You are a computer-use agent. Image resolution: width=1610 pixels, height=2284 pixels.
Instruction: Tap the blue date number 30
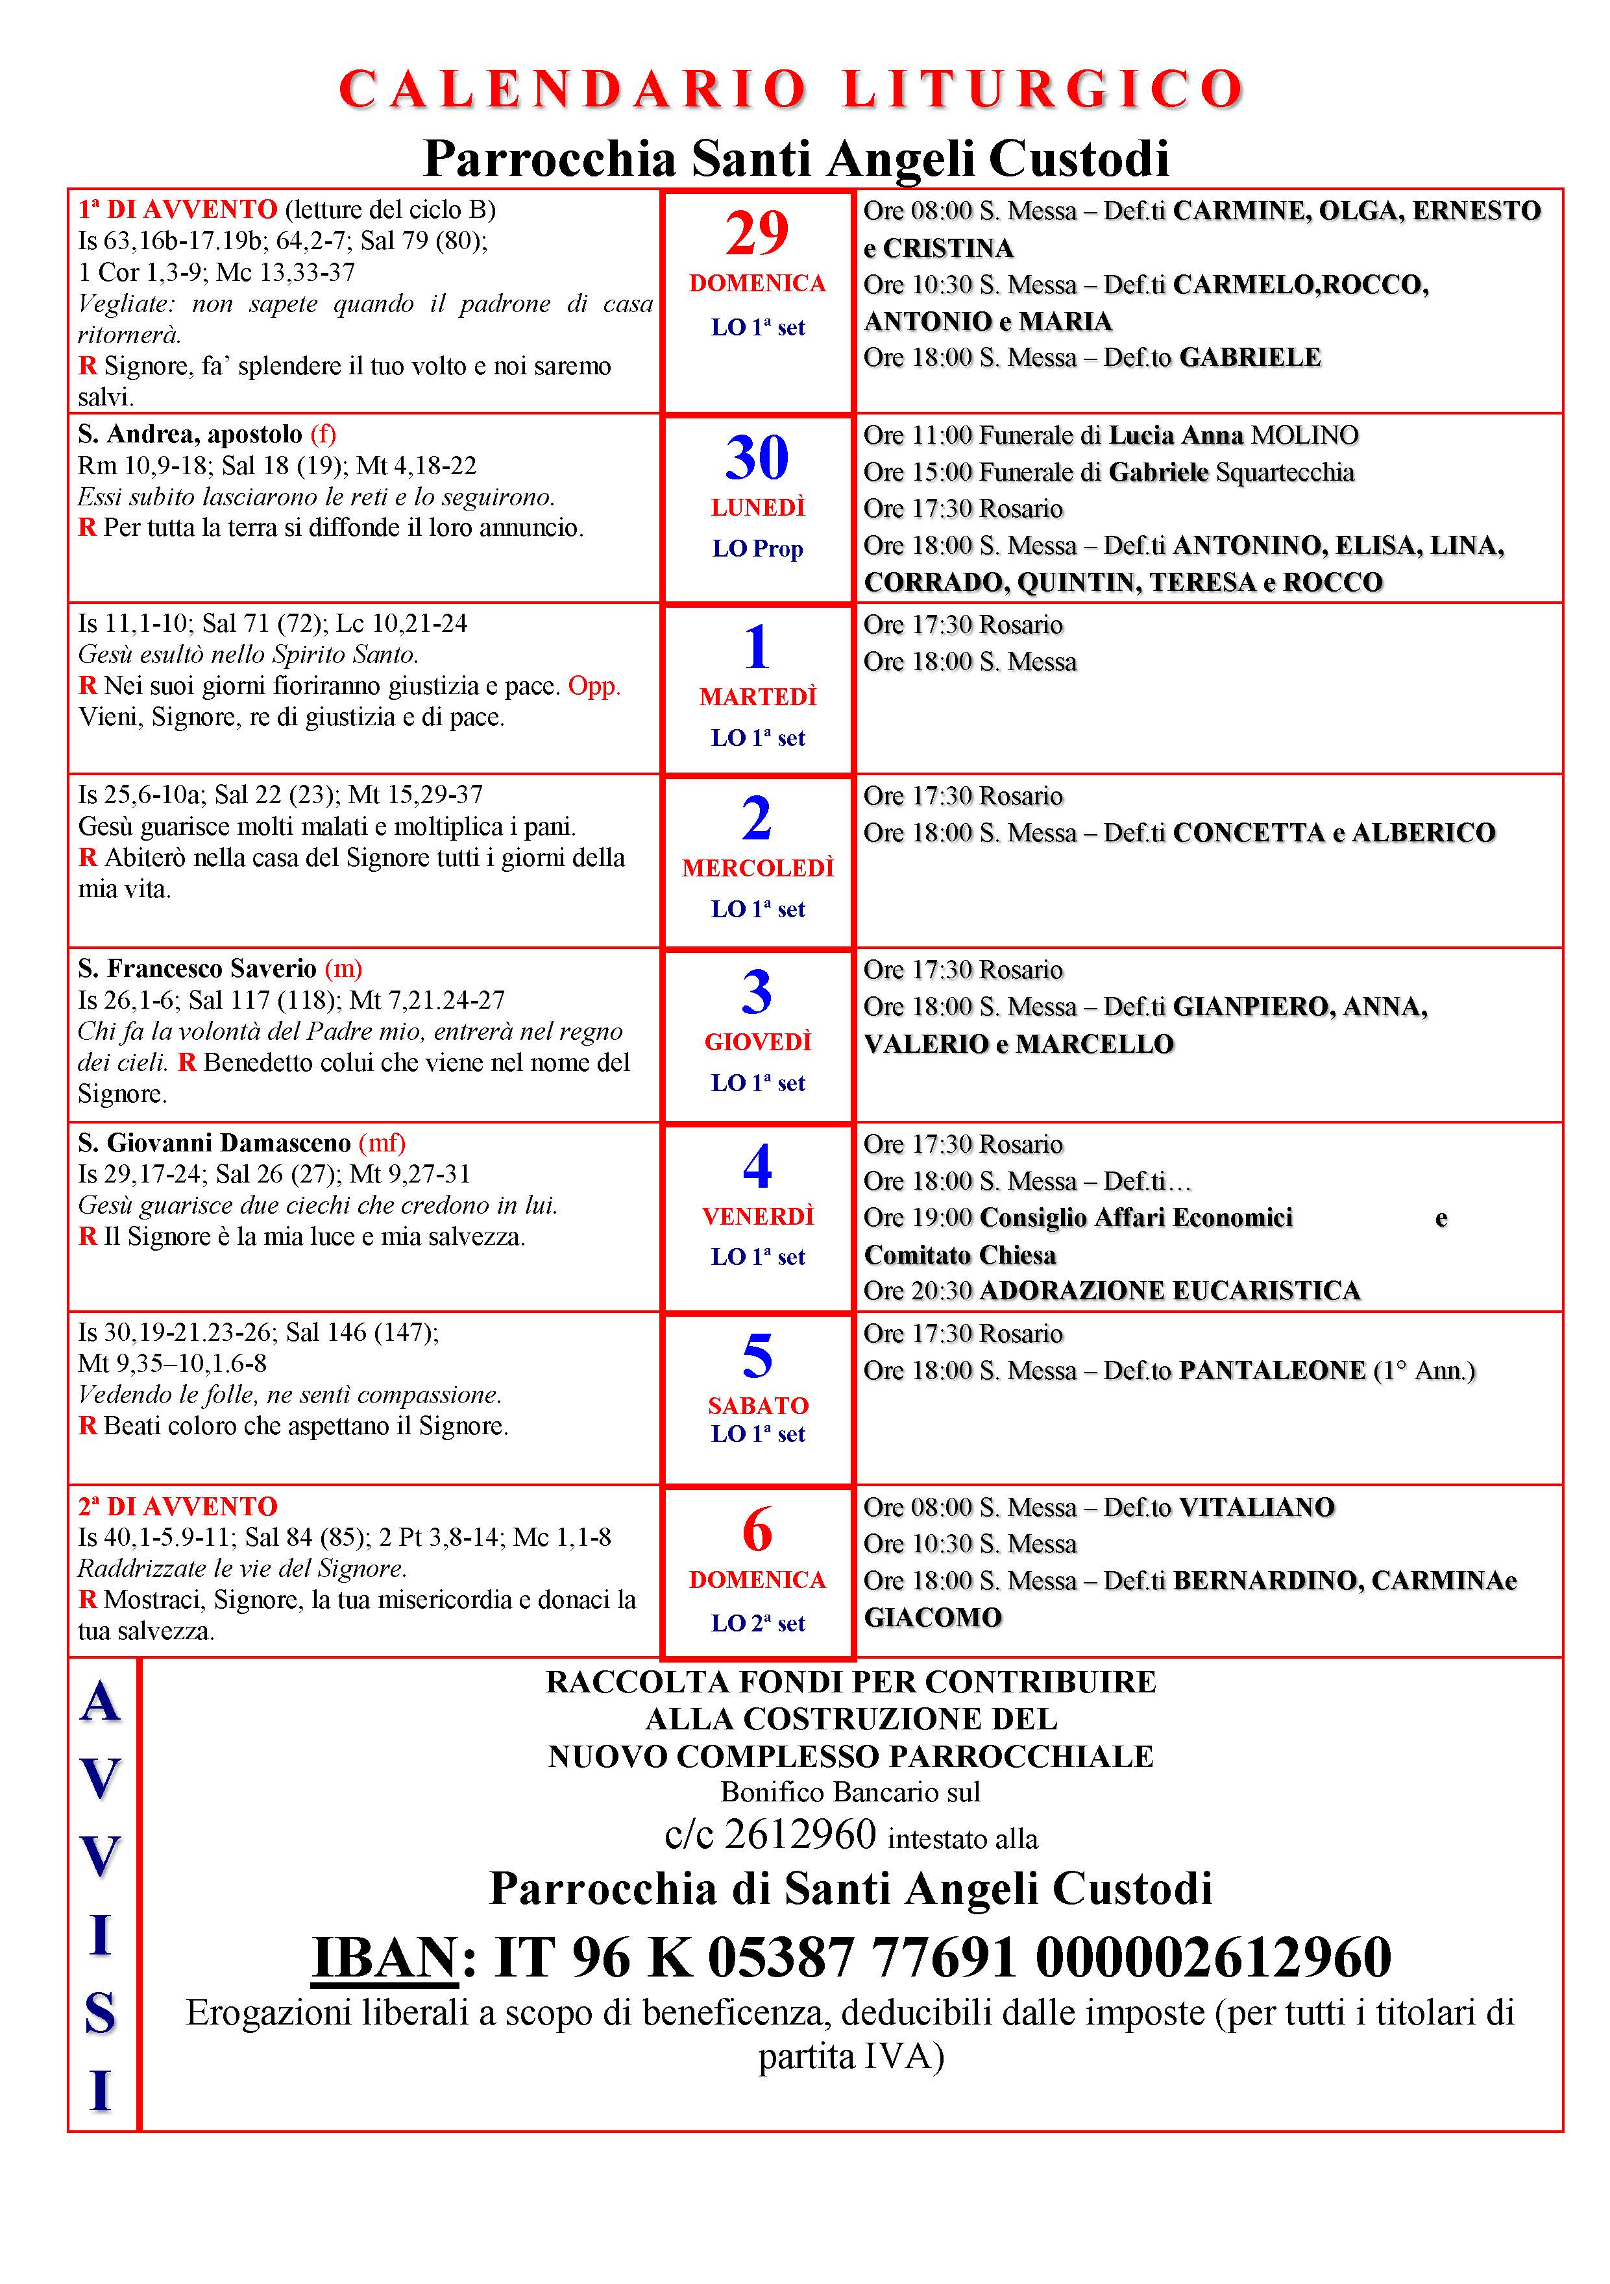(x=757, y=459)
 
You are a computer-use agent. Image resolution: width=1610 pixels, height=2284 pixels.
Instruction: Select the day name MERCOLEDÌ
(x=757, y=869)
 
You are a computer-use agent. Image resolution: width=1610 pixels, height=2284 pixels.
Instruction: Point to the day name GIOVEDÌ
(x=757, y=1042)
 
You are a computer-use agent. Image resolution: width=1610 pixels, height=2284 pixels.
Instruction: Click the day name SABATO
(x=757, y=1406)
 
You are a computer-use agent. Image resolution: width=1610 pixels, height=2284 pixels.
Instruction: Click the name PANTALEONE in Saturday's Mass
(x=1271, y=1371)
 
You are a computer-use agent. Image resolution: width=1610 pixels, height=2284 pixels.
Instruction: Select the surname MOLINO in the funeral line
(x=1304, y=436)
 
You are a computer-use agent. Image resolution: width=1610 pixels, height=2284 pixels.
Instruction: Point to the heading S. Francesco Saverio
(x=197, y=969)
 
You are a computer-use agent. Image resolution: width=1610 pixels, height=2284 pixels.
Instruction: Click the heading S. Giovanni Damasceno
(x=214, y=1143)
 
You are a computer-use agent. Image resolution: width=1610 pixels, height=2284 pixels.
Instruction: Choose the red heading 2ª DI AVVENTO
(x=178, y=1506)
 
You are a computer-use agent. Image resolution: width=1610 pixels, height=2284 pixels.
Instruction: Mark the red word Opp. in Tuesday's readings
(x=594, y=686)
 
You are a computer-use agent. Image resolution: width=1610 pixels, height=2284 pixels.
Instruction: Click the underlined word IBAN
(x=384, y=1958)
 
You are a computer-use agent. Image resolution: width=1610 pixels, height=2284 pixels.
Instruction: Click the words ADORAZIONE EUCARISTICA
(x=1169, y=1292)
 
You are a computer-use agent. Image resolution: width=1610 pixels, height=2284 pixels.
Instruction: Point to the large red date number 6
(x=757, y=1530)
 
